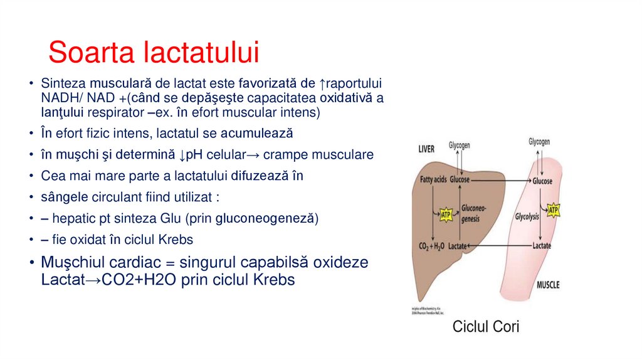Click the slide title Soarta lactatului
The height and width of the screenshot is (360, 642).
(x=153, y=52)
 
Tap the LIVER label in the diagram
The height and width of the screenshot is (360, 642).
(x=430, y=149)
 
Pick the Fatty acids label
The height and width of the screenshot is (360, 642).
(x=433, y=180)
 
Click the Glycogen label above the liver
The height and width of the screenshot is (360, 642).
(x=459, y=145)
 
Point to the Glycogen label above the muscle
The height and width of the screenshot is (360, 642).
(x=539, y=142)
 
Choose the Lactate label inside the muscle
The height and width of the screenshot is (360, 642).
(x=541, y=246)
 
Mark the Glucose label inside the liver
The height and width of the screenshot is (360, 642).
(x=459, y=180)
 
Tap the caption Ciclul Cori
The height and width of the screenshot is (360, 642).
(x=486, y=327)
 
